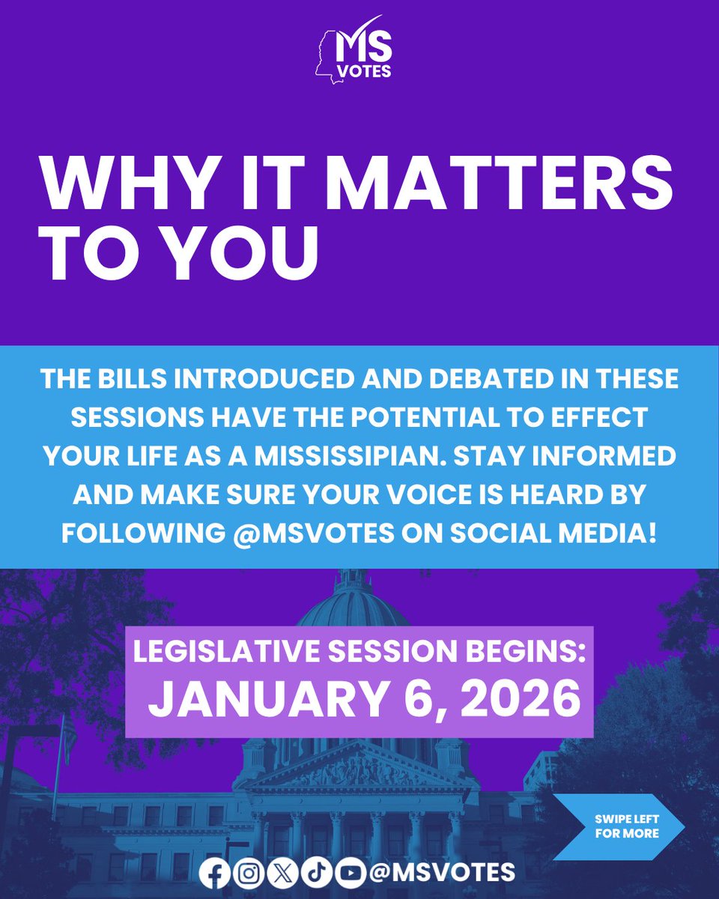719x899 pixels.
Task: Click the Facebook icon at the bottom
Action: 216,872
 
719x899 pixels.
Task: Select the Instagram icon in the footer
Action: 246,872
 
